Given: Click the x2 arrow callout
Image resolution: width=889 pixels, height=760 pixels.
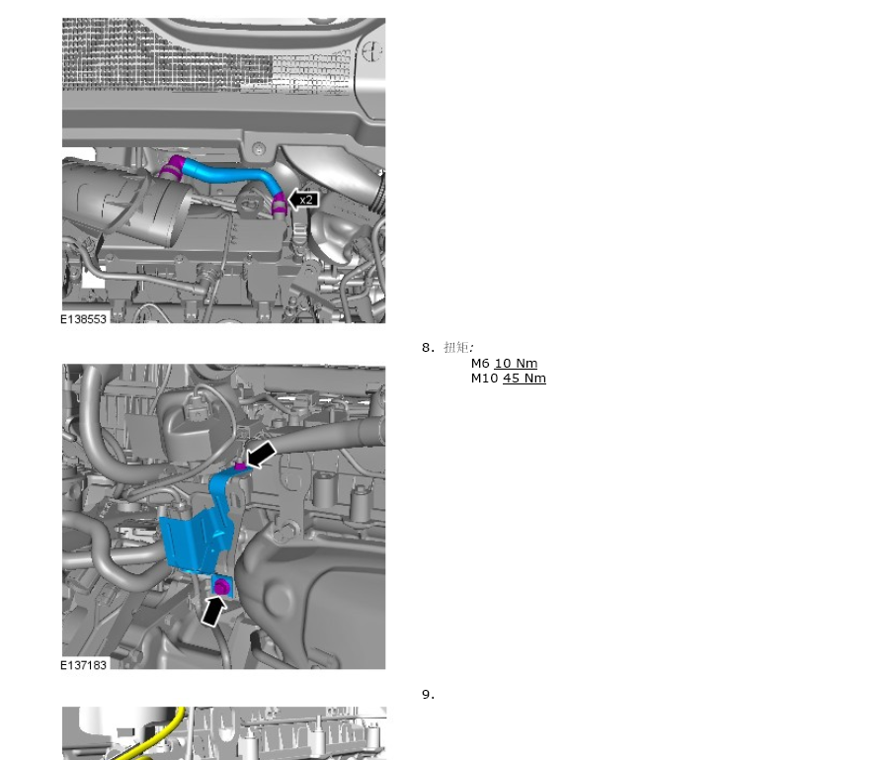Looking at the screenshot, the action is (304, 200).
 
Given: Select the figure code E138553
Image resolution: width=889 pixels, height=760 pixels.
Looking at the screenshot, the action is (83, 319).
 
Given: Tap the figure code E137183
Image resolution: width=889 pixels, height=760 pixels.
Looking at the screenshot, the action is (83, 665).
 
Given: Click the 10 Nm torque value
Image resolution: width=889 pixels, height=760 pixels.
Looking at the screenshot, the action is (516, 363).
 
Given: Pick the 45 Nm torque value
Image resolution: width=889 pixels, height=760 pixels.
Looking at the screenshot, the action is (524, 379).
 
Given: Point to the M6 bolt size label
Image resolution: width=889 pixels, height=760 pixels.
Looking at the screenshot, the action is (480, 363).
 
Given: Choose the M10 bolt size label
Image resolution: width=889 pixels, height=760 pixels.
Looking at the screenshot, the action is (484, 379).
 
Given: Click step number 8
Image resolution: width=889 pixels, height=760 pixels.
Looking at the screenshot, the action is (428, 348).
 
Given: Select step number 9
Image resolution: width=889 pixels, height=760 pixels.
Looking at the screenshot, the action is (428, 694).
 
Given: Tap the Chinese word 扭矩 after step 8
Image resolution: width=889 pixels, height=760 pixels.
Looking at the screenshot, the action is (456, 347).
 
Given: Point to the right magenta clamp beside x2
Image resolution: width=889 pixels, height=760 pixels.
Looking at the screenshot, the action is (279, 206).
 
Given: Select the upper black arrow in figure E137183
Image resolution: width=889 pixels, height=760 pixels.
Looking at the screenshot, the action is (261, 455).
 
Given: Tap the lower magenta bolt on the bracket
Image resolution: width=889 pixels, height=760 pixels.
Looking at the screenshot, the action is (221, 588).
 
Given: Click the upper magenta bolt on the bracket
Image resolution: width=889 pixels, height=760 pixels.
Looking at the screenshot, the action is (240, 466).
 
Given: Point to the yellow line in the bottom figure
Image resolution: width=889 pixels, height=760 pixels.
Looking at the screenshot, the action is (153, 734).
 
